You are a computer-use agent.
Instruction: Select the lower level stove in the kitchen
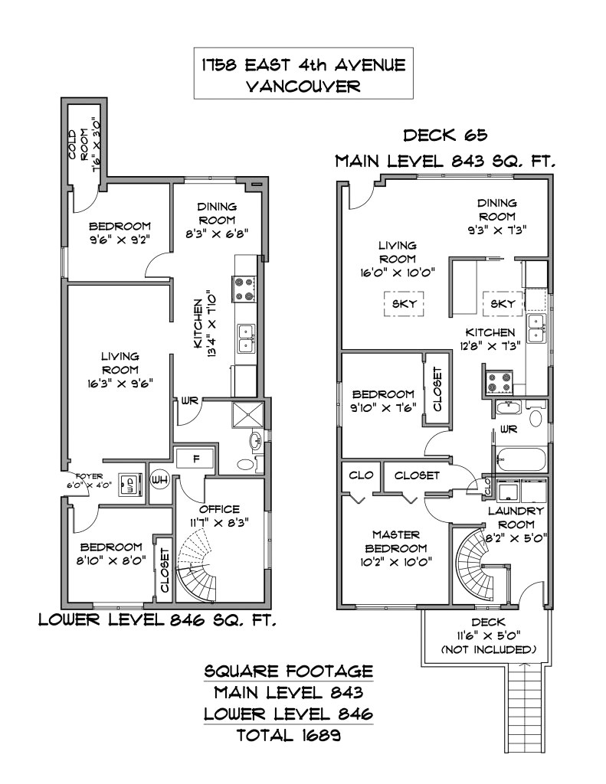coord(244,289)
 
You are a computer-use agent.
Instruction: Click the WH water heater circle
coord(160,480)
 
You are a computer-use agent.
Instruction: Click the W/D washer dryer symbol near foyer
coord(130,485)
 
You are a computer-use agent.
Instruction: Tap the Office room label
coord(219,509)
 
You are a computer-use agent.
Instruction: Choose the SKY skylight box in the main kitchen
coord(502,304)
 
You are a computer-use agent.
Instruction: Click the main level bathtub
coord(521,461)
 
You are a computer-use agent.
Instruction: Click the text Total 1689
coord(288,736)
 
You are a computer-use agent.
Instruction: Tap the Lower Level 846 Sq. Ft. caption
coord(158,619)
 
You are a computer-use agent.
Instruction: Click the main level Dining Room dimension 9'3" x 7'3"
coord(496,229)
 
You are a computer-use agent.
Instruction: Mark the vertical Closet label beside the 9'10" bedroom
coord(437,390)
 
